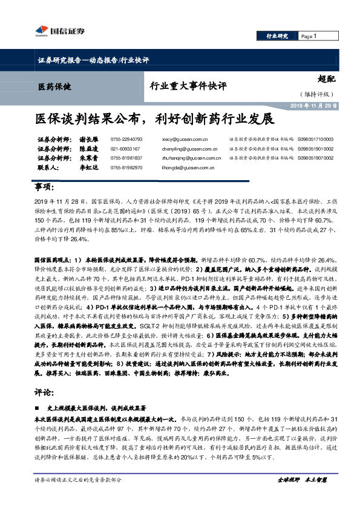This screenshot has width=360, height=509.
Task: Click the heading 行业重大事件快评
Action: coord(188,86)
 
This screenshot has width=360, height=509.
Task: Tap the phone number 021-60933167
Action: coord(125,148)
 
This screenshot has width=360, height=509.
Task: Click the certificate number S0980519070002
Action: coord(315,157)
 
